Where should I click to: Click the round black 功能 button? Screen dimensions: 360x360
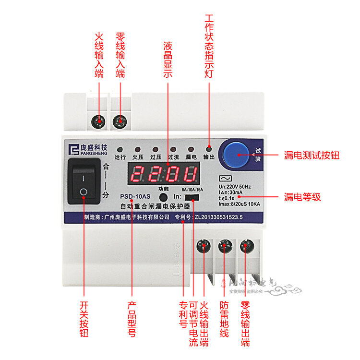(164, 197)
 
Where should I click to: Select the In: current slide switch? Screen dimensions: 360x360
(192, 197)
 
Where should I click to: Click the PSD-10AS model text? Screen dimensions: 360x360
(135, 196)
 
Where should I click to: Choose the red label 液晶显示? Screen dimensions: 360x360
(168, 60)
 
